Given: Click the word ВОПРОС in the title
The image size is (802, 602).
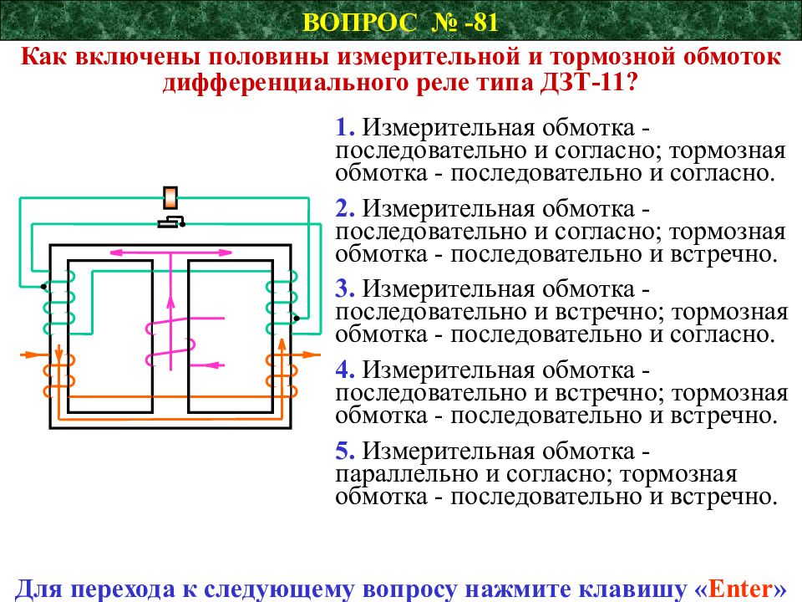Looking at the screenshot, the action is [360, 23].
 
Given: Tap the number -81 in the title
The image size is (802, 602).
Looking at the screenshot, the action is [480, 23].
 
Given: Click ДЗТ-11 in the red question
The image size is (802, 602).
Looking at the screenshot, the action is [582, 82].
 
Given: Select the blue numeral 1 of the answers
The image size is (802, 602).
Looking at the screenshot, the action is [345, 127].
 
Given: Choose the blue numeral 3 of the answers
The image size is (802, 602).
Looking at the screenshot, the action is [345, 288].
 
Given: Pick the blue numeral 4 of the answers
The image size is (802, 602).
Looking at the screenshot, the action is [345, 370].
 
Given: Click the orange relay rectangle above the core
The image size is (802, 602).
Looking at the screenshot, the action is [170, 197].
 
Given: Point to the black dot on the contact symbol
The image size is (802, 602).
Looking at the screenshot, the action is [182, 224].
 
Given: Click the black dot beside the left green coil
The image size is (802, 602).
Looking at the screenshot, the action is [43, 287].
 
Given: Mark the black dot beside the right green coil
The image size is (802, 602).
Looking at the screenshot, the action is [296, 319].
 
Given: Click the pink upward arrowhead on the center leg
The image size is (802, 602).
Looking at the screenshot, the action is [170, 302].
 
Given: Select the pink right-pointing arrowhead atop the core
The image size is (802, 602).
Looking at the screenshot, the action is [225, 253].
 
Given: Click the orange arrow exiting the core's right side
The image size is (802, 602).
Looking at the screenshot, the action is [306, 355].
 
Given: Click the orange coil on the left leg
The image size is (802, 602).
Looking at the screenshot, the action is [59, 376].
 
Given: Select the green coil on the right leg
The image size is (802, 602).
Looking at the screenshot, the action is [282, 302].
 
